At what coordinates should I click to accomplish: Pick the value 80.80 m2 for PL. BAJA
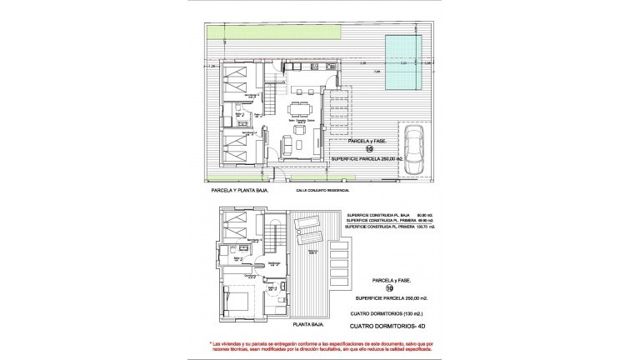pyautogui.click(x=412, y=213)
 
